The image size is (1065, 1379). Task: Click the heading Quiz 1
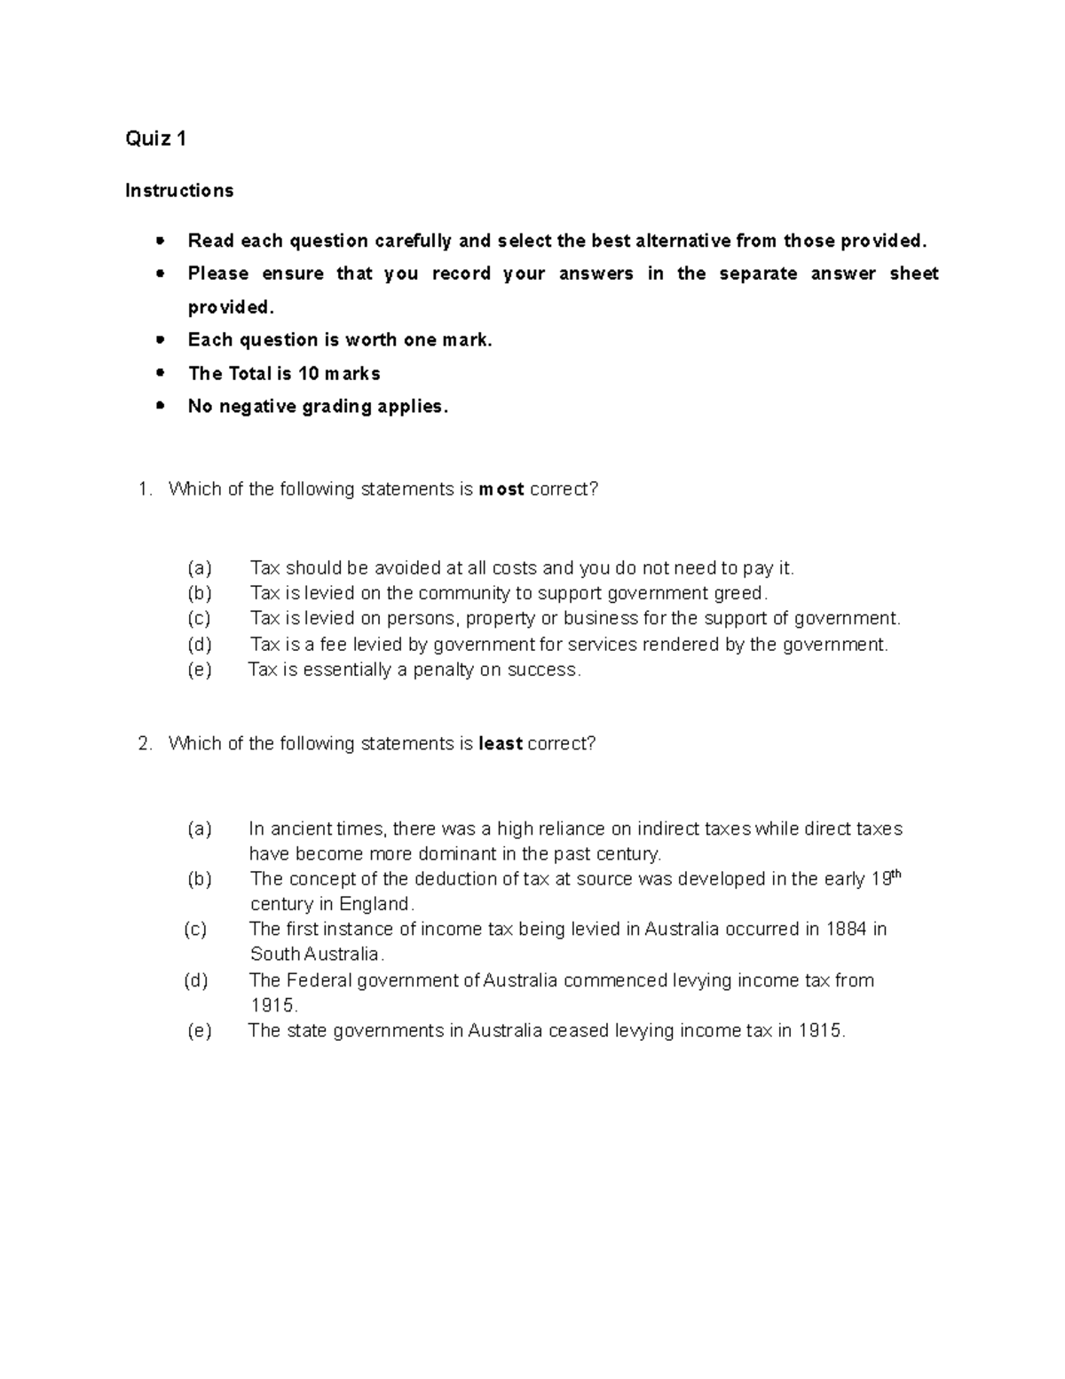pos(156,139)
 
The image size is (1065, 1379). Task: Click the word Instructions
pos(179,191)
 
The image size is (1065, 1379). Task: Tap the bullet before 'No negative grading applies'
pos(160,406)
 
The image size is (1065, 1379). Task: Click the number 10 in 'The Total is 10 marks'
pos(308,374)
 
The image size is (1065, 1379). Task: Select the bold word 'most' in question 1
pos(501,489)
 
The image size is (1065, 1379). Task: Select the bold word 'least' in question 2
pos(500,744)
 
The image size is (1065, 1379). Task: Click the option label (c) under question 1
pos(199,619)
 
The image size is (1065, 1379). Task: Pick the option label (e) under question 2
pos(200,1031)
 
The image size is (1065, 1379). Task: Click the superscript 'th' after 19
pos(895,874)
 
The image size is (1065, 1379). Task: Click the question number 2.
pos(146,744)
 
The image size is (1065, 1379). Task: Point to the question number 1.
pos(146,489)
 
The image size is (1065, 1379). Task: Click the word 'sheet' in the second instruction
pos(914,274)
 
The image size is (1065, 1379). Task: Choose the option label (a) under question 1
pos(200,568)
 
